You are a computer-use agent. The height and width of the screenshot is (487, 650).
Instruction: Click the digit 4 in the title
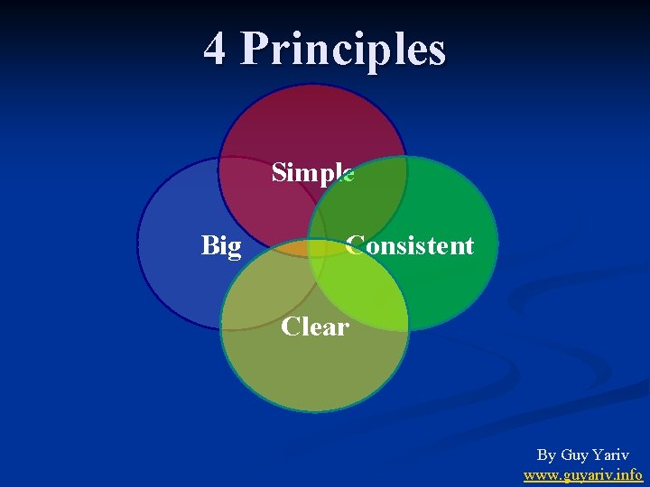(214, 49)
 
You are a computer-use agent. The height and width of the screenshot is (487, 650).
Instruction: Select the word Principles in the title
(343, 51)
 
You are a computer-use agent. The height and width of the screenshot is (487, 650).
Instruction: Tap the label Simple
(312, 171)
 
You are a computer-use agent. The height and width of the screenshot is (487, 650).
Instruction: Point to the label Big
(221, 245)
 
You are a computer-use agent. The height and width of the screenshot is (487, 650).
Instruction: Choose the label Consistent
(410, 245)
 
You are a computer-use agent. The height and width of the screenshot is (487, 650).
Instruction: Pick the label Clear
(314, 326)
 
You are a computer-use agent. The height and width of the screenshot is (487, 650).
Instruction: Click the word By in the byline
(546, 455)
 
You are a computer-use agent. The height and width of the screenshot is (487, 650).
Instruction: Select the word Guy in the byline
(575, 455)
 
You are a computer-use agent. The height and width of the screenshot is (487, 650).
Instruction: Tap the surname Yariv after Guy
(611, 455)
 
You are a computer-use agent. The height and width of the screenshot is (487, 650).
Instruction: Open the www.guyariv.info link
(583, 474)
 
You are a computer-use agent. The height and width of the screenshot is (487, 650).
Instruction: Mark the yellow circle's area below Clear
(314, 374)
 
